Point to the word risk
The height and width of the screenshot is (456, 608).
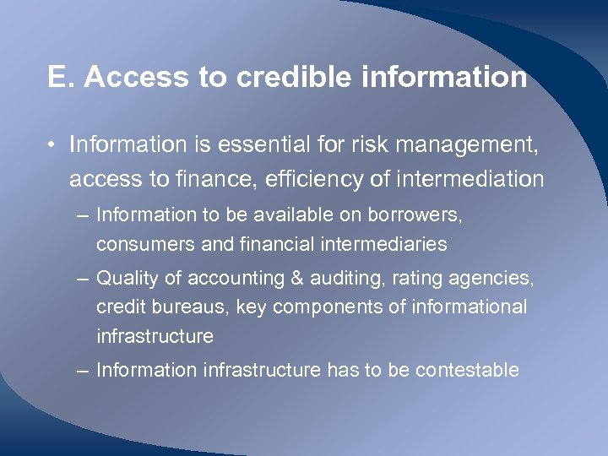pyautogui.click(x=356, y=145)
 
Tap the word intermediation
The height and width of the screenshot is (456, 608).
pyautogui.click(x=462, y=179)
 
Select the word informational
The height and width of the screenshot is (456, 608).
pyautogui.click(x=470, y=307)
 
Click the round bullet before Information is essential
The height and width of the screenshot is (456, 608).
pyautogui.click(x=52, y=146)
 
